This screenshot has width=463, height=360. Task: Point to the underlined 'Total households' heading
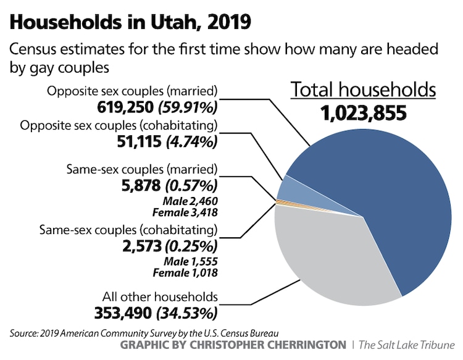click(364, 90)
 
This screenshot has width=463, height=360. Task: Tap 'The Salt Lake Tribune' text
click(407, 343)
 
